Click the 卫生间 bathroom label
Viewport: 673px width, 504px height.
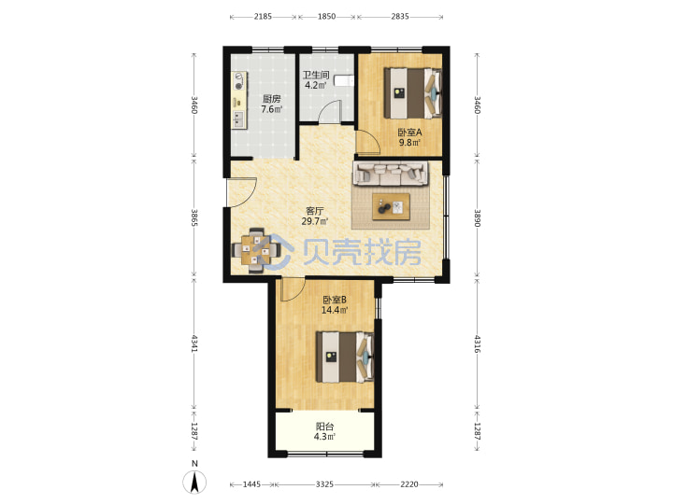point(316,75)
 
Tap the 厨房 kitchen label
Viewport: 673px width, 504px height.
point(272,99)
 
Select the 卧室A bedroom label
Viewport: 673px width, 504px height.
point(409,133)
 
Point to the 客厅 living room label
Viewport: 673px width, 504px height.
point(315,211)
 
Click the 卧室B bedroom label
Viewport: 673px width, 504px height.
point(335,300)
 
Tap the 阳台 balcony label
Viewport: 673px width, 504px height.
point(324,427)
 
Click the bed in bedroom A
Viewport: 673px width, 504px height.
point(412,93)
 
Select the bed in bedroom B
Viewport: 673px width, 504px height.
point(345,357)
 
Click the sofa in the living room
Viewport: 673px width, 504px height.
point(391,174)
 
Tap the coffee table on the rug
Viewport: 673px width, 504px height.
point(391,207)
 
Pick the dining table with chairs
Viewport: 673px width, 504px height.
point(256,250)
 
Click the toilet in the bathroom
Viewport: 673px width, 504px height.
point(344,80)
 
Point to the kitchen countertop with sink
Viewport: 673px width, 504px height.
point(239,100)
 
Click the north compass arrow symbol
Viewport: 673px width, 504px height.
point(194,483)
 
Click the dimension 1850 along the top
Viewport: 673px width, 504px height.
point(326,17)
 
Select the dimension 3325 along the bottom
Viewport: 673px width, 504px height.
point(324,484)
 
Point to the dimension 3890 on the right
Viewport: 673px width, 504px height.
point(478,218)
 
